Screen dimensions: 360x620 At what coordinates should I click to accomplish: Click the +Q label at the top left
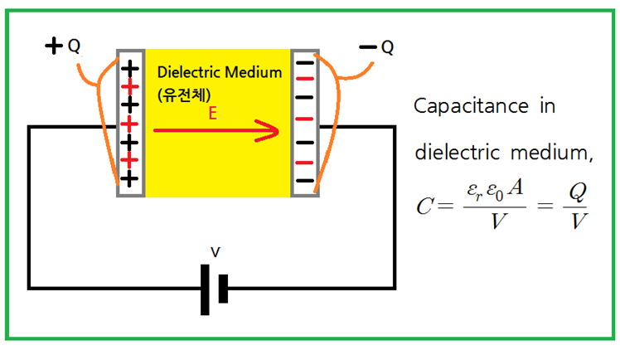pos(62,46)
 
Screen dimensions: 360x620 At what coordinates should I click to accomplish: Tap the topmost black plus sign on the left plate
pos(128,68)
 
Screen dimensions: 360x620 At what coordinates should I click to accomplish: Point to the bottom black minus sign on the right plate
pos(304,180)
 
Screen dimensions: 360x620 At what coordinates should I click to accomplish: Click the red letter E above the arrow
pos(213,116)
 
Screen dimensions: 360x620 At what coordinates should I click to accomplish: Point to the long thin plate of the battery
pos(205,289)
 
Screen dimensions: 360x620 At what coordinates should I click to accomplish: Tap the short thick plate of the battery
pos(222,289)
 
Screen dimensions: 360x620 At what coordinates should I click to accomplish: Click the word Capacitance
pos(473,107)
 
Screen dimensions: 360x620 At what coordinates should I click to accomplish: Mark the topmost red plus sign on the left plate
pos(128,86)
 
